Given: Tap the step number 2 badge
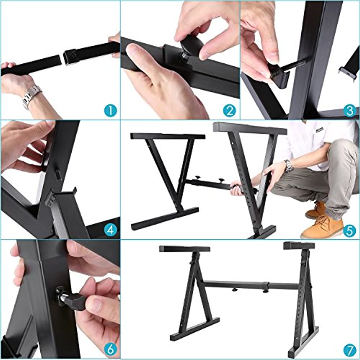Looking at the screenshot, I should point(229,111).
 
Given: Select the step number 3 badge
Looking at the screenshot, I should point(349,111).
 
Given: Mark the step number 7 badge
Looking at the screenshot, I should point(349,349).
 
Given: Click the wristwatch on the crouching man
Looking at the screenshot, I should point(288,166).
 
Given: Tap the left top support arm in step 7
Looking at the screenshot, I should point(184,249).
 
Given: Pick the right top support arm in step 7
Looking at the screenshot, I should point(299,246).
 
